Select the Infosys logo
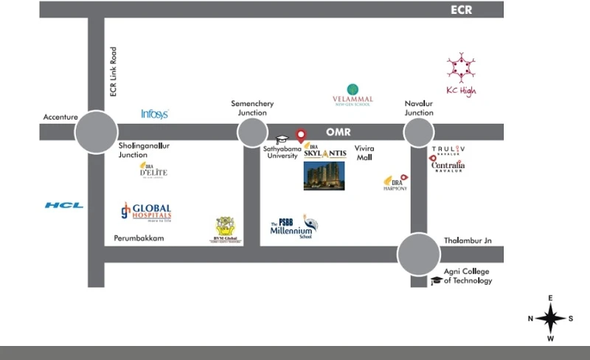155,114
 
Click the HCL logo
64,205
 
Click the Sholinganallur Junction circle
96,132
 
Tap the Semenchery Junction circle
252,132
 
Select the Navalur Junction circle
418,133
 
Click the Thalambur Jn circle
418,255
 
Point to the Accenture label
60,117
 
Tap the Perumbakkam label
139,238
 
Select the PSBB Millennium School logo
294,227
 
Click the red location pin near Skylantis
301,136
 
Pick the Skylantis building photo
324,176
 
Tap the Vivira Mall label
365,153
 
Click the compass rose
550,318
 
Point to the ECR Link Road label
113,72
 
